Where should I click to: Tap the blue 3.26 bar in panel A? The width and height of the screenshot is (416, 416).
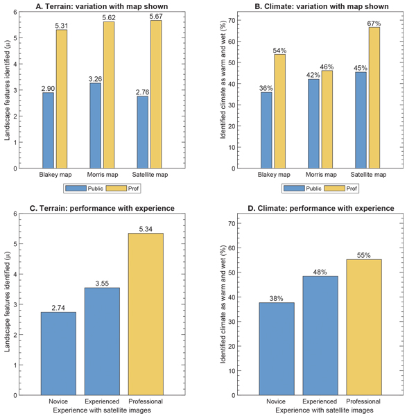click(x=95, y=125)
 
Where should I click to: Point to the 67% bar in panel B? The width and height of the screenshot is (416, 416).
click(x=374, y=97)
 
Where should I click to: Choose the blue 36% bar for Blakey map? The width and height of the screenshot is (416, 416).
click(x=266, y=130)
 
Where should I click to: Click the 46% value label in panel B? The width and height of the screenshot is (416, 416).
click(x=327, y=67)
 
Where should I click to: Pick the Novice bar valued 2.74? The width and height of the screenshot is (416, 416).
click(x=59, y=353)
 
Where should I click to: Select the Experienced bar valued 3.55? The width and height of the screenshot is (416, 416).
click(x=102, y=339)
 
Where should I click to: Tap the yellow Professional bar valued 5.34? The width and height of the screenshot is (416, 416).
click(x=146, y=313)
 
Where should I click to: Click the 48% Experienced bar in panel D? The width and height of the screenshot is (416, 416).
click(x=320, y=335)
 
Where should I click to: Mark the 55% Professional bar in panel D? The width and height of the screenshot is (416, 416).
click(x=364, y=327)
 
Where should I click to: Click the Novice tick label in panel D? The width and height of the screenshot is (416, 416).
click(x=277, y=401)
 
